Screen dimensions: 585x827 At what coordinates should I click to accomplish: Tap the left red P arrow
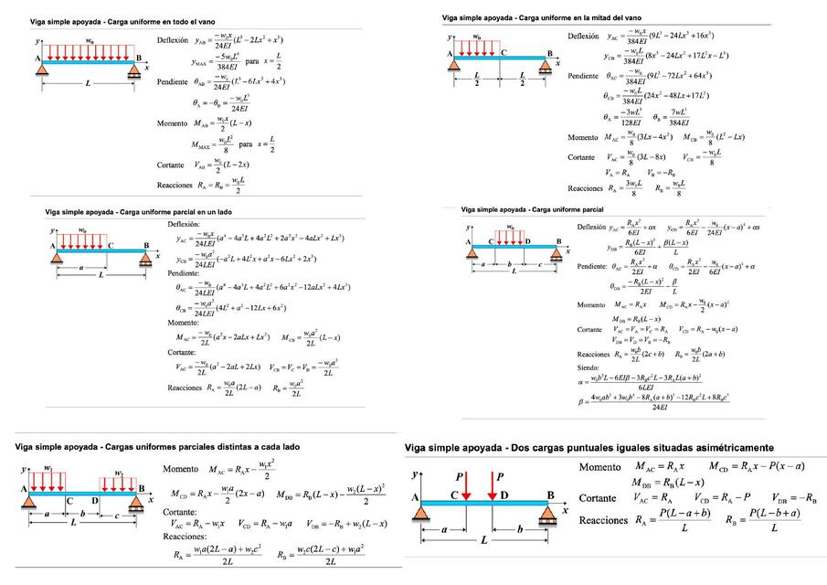465,485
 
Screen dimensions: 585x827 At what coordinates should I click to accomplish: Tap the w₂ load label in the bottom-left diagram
119,473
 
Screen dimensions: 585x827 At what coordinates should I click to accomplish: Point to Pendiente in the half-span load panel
583,75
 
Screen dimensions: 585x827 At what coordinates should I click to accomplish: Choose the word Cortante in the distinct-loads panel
179,513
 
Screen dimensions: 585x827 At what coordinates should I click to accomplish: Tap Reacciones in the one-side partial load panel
191,388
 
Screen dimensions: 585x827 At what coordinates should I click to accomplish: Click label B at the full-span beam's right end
139,56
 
